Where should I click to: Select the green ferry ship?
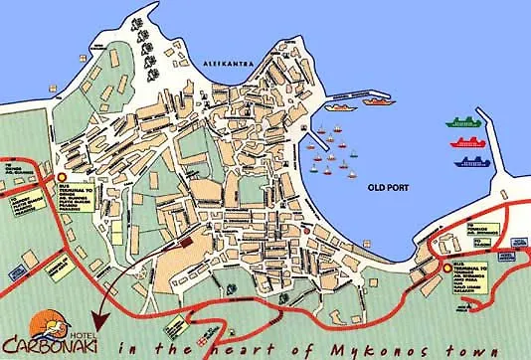pyautogui.click(x=467, y=124)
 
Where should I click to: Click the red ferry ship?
pyautogui.click(x=468, y=143)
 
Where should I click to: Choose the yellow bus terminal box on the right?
pyautogui.click(x=471, y=270)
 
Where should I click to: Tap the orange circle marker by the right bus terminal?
pyautogui.click(x=442, y=266)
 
